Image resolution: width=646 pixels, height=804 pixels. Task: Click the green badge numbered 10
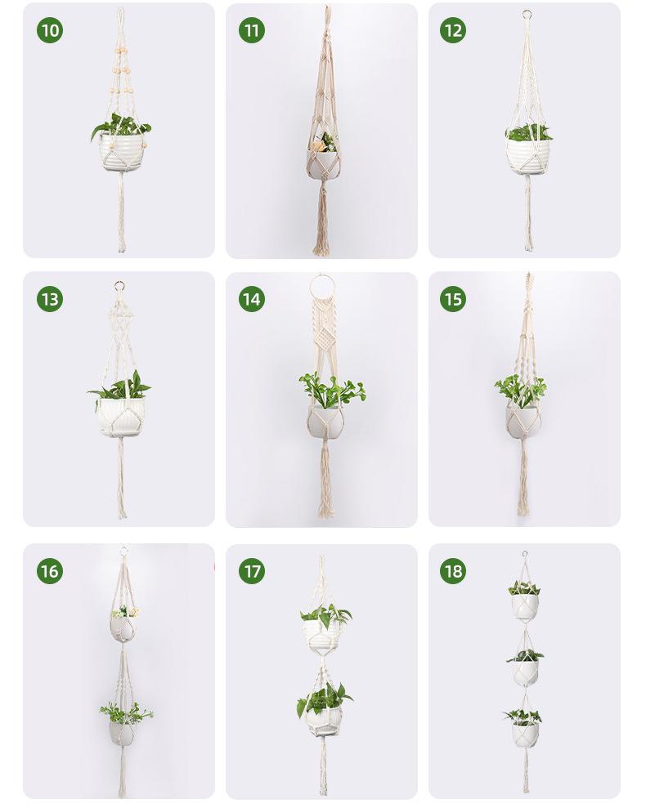click(50, 30)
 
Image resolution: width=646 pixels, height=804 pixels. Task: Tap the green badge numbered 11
click(252, 30)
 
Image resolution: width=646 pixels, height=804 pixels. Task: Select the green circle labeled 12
click(453, 30)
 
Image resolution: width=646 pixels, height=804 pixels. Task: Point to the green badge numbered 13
click(50, 299)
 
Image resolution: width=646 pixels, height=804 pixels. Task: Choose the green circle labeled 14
click(252, 299)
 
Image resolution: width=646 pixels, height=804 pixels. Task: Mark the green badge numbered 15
click(453, 299)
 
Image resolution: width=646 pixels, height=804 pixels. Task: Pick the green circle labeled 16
click(50, 570)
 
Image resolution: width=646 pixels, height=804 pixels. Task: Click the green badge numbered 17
click(252, 570)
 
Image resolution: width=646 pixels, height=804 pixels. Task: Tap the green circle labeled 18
click(453, 570)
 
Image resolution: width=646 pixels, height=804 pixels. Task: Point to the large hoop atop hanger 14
click(321, 286)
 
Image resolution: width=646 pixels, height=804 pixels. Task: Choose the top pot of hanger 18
click(525, 606)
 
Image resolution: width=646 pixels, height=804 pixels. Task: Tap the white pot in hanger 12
click(527, 156)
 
